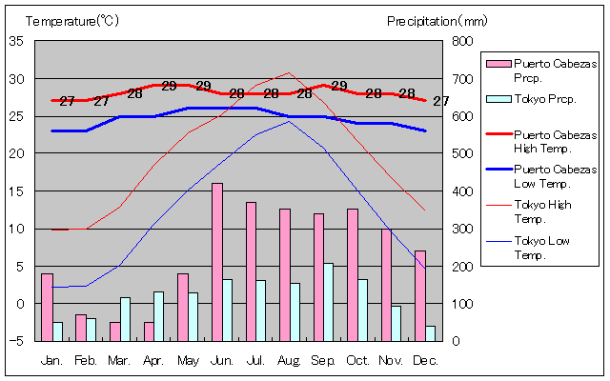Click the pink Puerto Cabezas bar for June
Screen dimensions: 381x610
(x=217, y=262)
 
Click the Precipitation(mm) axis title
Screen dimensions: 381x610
(x=437, y=20)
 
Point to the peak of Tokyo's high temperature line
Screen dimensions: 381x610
(x=290, y=72)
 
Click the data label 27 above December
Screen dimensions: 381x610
(x=440, y=101)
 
